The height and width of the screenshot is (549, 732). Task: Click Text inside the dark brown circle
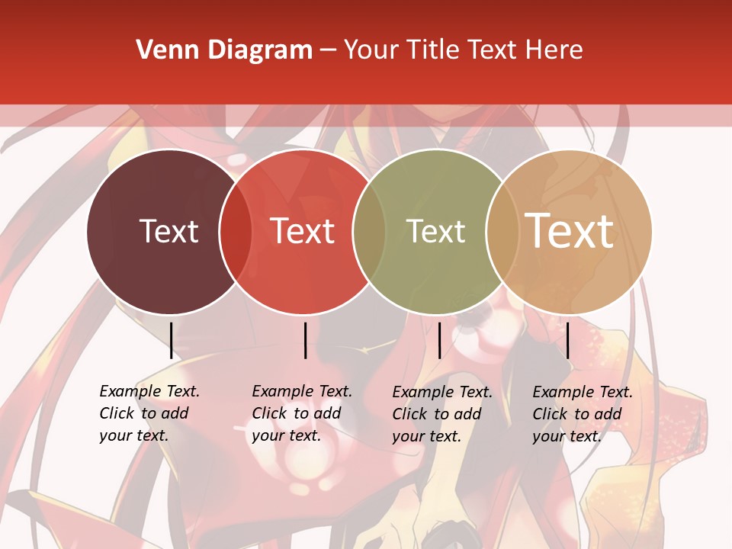click(x=169, y=231)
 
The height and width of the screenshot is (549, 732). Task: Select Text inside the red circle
click(x=303, y=231)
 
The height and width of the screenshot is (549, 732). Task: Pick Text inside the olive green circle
click(x=436, y=231)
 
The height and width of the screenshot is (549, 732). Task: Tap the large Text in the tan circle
click(x=570, y=231)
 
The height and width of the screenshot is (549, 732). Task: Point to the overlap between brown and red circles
click(x=236, y=231)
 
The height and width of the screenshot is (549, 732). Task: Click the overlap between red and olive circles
click(x=369, y=231)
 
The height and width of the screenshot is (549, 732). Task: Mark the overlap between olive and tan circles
click(x=501, y=231)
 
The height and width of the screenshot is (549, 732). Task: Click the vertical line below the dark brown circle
click(x=171, y=340)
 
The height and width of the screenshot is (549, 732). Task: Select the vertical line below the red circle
click(x=305, y=340)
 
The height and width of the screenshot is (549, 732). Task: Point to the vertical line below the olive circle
click(x=439, y=340)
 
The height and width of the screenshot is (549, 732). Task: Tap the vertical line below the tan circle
click(x=567, y=340)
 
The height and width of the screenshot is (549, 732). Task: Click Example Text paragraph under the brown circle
click(x=149, y=413)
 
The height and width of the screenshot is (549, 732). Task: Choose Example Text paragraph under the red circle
click(x=301, y=413)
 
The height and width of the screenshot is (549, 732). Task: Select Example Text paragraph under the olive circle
click(x=441, y=414)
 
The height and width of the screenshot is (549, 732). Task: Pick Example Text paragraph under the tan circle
click(x=582, y=414)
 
